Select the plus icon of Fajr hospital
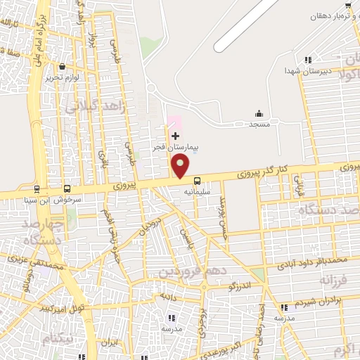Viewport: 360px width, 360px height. click(176, 135)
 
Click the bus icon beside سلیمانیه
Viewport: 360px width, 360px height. click(197, 179)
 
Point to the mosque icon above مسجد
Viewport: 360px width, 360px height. click(259, 114)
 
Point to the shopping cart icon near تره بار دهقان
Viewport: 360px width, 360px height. click(347, 6)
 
